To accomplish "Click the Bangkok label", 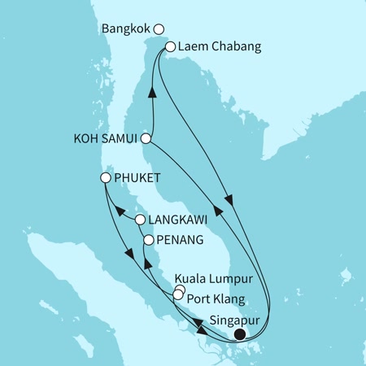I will tap(126, 29).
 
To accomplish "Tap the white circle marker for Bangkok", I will tap(159, 29).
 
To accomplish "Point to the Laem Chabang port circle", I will tap(171, 47).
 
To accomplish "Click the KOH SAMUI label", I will tap(105, 138).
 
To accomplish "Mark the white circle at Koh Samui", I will tap(146, 138).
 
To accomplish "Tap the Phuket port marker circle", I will tap(105, 177).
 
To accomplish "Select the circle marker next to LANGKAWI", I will tap(140, 220).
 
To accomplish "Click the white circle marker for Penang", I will tap(148, 240).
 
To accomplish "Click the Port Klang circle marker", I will tap(178, 294).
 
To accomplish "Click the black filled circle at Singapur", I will tap(239, 333).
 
